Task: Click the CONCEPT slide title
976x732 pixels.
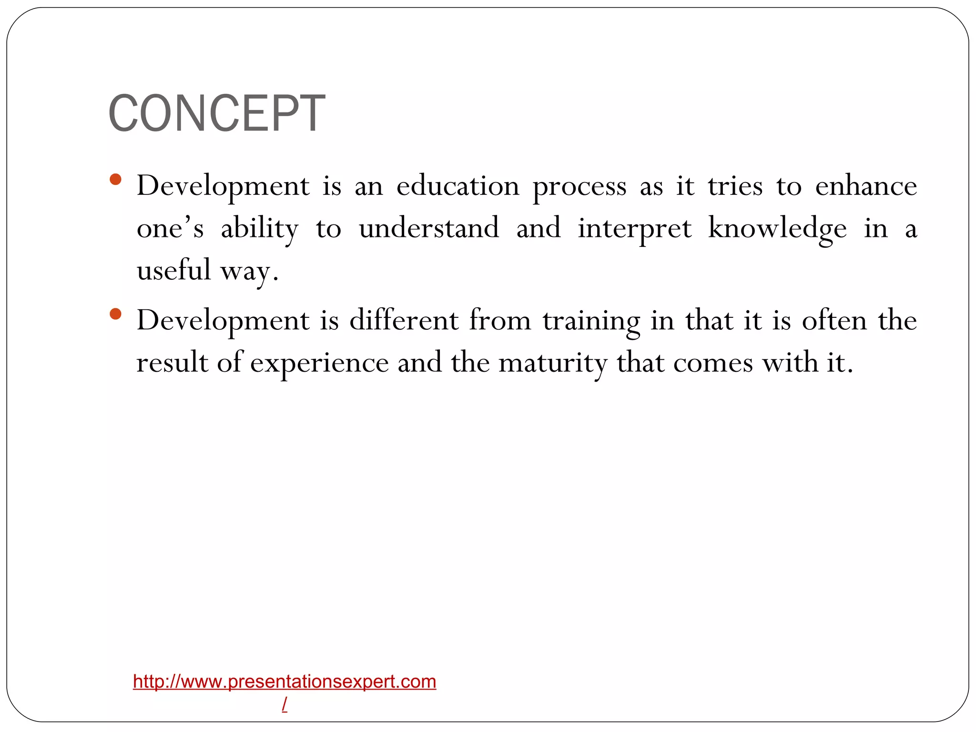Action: click(x=217, y=113)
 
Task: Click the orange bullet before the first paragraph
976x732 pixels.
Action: click(x=115, y=180)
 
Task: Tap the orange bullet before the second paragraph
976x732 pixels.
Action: click(x=115, y=314)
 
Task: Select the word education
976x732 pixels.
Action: click(x=457, y=186)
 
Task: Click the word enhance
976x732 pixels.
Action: click(x=865, y=186)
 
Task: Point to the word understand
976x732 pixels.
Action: click(x=429, y=228)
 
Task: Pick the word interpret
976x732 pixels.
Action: click(x=634, y=229)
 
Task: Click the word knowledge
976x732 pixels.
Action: click(x=777, y=229)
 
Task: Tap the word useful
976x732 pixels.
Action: click(x=173, y=270)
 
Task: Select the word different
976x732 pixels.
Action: click(x=404, y=320)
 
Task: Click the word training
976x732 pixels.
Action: click(x=591, y=321)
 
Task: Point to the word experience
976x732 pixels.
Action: click(x=319, y=363)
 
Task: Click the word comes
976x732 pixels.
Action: click(x=713, y=363)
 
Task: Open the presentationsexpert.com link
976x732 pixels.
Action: click(x=285, y=682)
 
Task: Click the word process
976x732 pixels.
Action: click(x=579, y=187)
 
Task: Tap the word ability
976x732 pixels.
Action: click(x=260, y=229)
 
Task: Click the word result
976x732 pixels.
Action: click(x=172, y=363)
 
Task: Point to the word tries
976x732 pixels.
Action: click(x=735, y=186)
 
